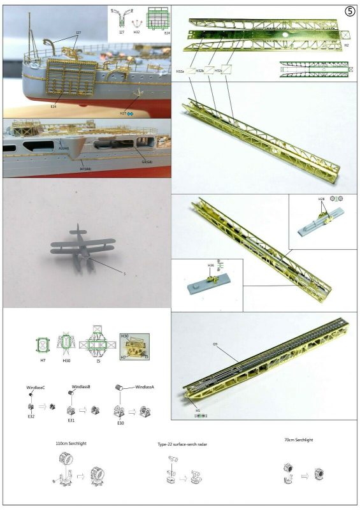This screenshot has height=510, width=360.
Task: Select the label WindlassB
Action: tap(80, 387)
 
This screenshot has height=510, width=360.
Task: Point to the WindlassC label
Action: tap(36, 388)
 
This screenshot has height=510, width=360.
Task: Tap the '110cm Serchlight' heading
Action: tap(73, 442)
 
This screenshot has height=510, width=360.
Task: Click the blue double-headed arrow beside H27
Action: tap(131, 113)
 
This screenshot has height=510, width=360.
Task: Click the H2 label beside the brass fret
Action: tap(347, 46)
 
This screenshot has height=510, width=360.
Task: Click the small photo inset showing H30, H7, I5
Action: tap(134, 347)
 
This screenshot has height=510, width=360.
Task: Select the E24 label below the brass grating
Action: tap(54, 107)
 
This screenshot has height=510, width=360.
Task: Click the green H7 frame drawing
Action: tap(43, 345)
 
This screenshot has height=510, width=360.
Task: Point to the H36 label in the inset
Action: tap(211, 265)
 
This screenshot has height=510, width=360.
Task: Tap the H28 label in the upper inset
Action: tap(322, 200)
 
